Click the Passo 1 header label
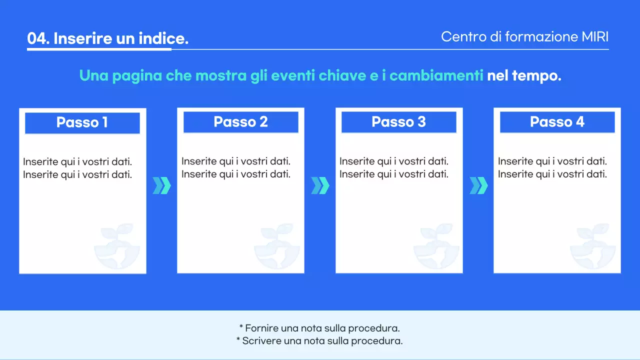pos(82,122)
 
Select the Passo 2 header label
pos(240,122)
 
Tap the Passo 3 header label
pos(398,122)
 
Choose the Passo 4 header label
pos(557,122)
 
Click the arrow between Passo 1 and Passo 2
pos(161,185)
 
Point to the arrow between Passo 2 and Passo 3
pos(320,185)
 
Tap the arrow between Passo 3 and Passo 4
pos(478,185)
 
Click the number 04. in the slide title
pos(38,39)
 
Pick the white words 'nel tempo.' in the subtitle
pos(524,76)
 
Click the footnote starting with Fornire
pos(319,328)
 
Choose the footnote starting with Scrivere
pos(319,341)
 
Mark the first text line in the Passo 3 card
pos(393,161)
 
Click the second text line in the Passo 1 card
pos(77,174)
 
